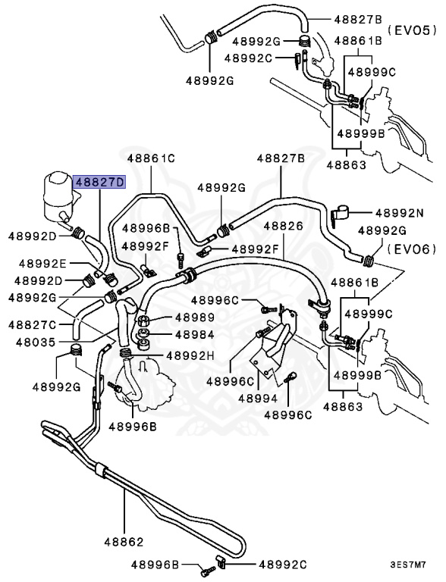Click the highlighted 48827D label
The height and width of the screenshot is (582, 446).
[98, 183]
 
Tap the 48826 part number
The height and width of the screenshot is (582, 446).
[283, 226]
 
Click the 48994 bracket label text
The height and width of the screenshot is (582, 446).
[258, 397]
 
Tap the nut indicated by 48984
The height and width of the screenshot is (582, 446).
[142, 333]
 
